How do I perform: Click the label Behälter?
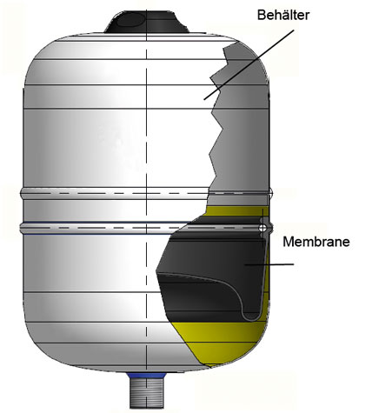pos(283,15)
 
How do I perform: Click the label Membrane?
pos(316,242)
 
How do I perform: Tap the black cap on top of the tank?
pos(146,23)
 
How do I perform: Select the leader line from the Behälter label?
pos(249,64)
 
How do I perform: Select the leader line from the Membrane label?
pos(269,264)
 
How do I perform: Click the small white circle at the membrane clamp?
pos(262,228)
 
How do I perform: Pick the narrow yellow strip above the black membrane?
pos(235,211)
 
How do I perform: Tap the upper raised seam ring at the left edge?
pos(23,193)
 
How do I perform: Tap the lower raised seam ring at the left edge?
pos(23,228)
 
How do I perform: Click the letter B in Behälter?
pos(261,15)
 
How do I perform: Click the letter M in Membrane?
pos(288,242)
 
